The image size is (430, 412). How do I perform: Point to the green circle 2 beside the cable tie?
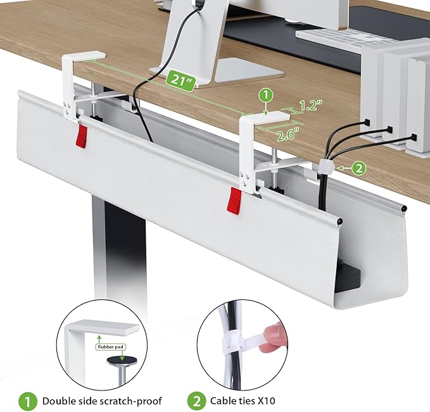359,168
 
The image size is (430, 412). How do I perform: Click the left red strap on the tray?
81,134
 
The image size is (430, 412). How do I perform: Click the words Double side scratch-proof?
102,401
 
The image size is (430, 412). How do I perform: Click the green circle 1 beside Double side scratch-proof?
26,401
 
